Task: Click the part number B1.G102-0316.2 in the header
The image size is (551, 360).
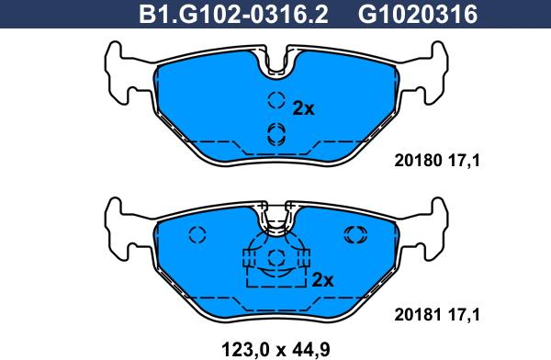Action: coord(233,15)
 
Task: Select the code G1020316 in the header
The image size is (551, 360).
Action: coord(418,15)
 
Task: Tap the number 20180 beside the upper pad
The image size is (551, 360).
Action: coord(418,161)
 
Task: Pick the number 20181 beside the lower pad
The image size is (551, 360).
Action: coord(418,315)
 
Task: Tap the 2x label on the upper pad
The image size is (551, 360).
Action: coord(303,109)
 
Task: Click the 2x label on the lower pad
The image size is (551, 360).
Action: coord(322,280)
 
